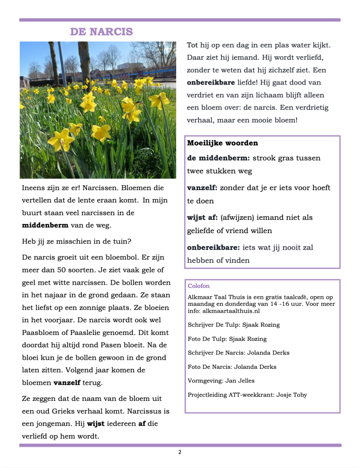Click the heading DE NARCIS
coord(101,32)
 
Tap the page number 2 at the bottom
coord(180,452)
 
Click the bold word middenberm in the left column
coord(45,225)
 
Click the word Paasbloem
coord(40,332)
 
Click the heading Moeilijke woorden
coord(222,143)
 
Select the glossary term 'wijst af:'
coord(202,218)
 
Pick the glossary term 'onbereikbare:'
coord(213,248)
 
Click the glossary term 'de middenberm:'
coord(218,158)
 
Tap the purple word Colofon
coord(199,286)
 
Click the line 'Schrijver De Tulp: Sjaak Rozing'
coord(233,325)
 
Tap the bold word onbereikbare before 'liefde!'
coord(210,83)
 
